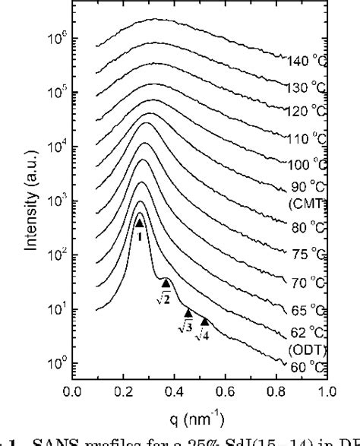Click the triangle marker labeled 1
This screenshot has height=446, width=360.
pos(139,223)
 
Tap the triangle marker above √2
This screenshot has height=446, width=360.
pos(166,283)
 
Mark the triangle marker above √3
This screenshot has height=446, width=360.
pos(188,312)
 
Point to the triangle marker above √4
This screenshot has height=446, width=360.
pos(204,321)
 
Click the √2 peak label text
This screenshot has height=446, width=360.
pos(163,298)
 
